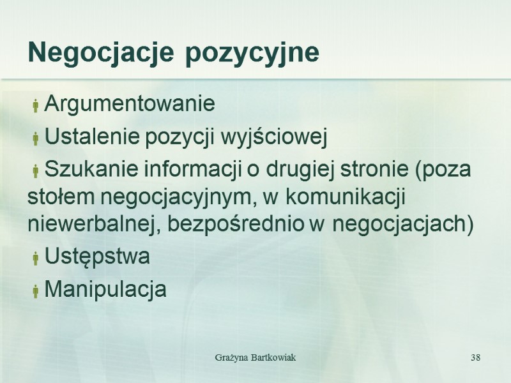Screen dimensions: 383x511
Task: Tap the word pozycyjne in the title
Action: coord(252,54)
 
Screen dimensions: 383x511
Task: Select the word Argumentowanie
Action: coord(130,103)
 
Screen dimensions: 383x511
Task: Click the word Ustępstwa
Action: coord(98,257)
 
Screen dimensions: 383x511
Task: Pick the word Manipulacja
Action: coord(106,290)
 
